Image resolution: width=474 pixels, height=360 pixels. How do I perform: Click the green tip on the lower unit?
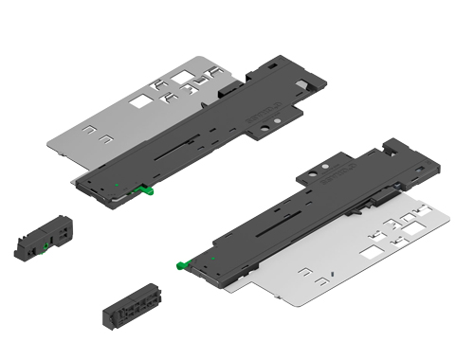(x=184, y=264)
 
